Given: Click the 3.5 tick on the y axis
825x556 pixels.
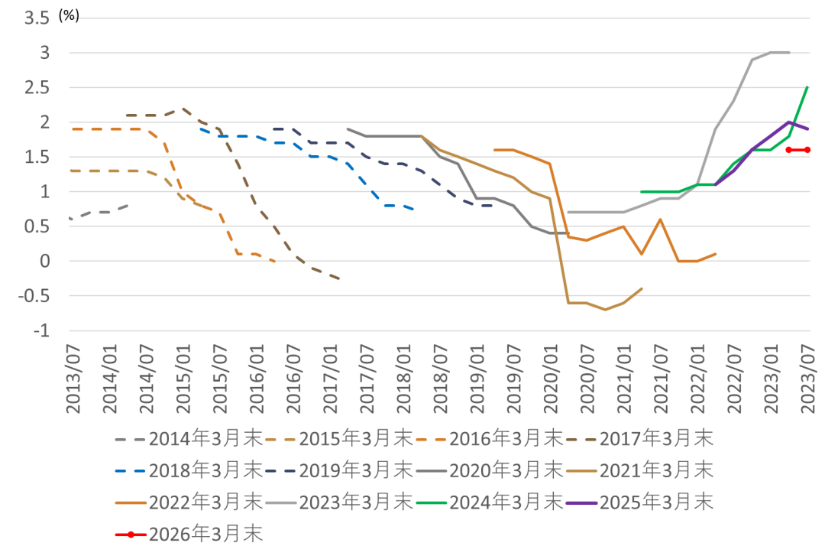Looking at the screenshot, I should pos(37,18).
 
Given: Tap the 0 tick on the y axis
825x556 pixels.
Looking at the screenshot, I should pos(45,262).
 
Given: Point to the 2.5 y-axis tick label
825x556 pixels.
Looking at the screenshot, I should pos(37,88).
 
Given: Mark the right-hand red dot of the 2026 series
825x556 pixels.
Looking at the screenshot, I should pos(807,150).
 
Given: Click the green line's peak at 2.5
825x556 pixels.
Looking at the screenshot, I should pos(807,87).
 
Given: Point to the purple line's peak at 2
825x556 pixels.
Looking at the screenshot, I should pos(789,122).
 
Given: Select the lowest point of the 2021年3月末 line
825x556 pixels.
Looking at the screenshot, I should pos(605,310).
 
